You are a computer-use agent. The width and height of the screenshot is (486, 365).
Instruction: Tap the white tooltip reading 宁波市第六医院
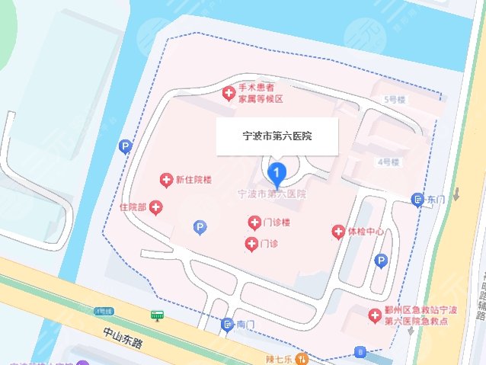[277, 137]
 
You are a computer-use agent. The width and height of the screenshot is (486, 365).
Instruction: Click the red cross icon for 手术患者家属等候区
[228, 94]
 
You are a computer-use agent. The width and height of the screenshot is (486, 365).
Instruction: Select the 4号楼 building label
[388, 162]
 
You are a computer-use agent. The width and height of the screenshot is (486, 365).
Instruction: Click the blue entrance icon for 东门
[417, 200]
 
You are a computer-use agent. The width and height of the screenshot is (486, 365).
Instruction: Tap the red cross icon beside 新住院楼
[165, 180]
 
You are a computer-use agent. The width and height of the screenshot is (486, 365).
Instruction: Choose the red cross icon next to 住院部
[155, 207]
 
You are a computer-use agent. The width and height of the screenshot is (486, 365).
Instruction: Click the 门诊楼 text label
[276, 223]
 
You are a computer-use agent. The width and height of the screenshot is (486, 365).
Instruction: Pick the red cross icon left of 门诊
[251, 244]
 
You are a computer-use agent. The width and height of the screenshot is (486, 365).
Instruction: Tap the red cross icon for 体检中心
[337, 231]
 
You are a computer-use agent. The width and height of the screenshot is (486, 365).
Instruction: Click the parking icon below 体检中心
[381, 261]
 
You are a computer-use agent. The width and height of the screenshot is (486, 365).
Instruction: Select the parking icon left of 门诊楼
[199, 227]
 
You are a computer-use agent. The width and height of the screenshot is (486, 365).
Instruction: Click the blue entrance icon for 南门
[227, 325]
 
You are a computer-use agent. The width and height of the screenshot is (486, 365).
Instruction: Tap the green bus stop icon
[158, 315]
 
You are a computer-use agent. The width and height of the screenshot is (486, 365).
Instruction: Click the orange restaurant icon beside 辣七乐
[302, 358]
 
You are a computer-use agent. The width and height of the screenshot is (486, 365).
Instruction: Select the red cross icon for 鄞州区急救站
[374, 315]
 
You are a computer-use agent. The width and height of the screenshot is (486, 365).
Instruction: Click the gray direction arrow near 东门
[456, 192]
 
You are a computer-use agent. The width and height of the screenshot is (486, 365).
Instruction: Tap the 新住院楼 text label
[193, 180]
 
